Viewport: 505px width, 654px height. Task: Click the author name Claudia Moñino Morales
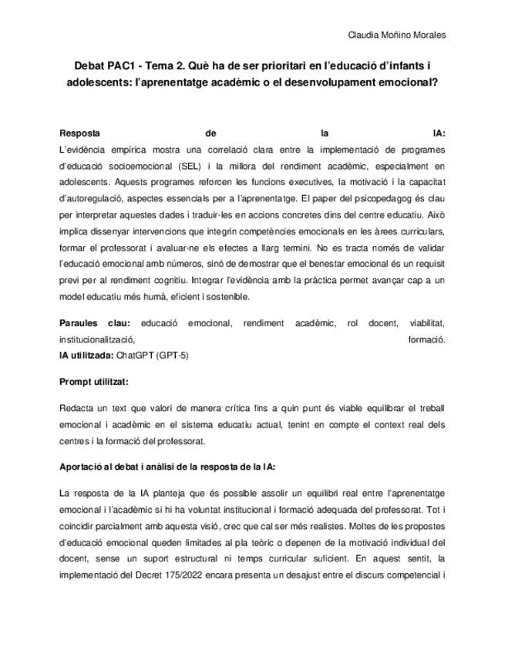(x=397, y=35)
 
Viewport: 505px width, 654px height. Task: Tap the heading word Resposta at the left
(x=79, y=133)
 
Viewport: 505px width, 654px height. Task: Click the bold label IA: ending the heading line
(x=439, y=133)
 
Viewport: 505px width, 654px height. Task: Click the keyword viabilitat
(x=426, y=323)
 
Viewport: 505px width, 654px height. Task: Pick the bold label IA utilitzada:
(x=86, y=356)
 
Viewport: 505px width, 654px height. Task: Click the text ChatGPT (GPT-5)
(x=152, y=356)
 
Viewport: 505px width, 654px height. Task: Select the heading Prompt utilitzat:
(x=94, y=381)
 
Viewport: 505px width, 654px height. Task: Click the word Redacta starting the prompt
(x=76, y=406)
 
